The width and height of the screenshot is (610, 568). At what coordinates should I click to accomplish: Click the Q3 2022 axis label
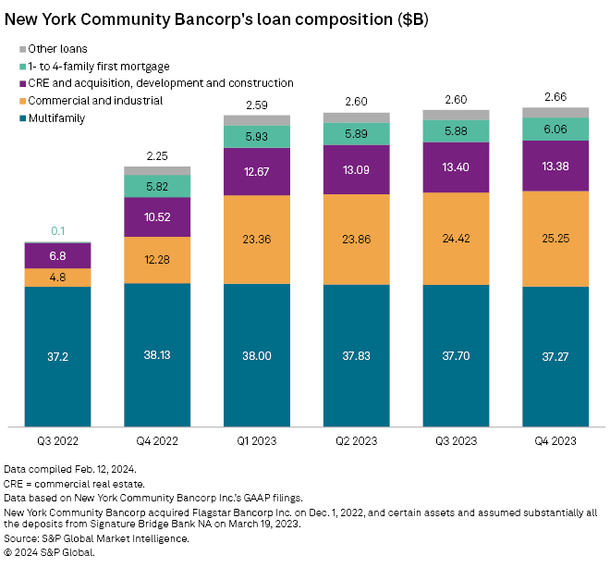tap(57, 441)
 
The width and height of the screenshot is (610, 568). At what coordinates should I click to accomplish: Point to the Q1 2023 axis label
tap(256, 441)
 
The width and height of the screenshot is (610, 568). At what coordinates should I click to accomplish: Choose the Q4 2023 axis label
tap(555, 441)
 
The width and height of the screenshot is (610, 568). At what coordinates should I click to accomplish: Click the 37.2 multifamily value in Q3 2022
tap(57, 356)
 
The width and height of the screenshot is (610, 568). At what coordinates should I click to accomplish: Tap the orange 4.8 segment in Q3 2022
tap(57, 278)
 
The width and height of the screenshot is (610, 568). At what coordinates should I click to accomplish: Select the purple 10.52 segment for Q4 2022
tap(157, 217)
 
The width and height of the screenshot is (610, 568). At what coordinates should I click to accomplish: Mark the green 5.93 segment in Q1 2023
tap(256, 136)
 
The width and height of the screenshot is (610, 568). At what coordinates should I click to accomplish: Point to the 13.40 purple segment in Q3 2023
tap(456, 168)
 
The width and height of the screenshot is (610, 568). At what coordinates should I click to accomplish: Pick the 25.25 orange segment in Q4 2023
tap(555, 239)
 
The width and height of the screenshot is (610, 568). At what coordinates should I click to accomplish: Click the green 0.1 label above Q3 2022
tap(57, 230)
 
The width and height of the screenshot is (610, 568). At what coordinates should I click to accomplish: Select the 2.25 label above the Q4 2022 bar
tap(157, 155)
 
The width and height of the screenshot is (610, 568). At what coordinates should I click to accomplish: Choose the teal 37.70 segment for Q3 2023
tap(456, 356)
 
